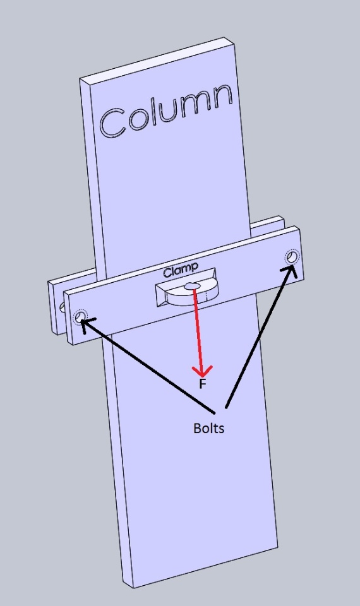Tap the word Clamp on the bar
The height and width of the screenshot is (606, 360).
[x=181, y=270]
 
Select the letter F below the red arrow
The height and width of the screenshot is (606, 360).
[x=202, y=384]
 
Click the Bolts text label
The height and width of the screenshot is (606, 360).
[x=208, y=428]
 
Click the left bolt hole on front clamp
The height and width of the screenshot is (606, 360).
[x=80, y=318]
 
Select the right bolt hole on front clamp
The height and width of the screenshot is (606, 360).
[x=292, y=257]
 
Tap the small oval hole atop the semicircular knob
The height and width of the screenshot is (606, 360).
[x=192, y=286]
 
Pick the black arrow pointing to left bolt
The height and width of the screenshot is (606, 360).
[x=147, y=365]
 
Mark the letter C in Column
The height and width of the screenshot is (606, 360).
[x=113, y=124]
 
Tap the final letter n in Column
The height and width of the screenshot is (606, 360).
[x=222, y=97]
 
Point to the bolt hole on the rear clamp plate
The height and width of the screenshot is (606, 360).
[x=63, y=307]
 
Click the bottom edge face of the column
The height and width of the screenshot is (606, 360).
[x=205, y=567]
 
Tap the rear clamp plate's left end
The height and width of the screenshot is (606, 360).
[x=55, y=307]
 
